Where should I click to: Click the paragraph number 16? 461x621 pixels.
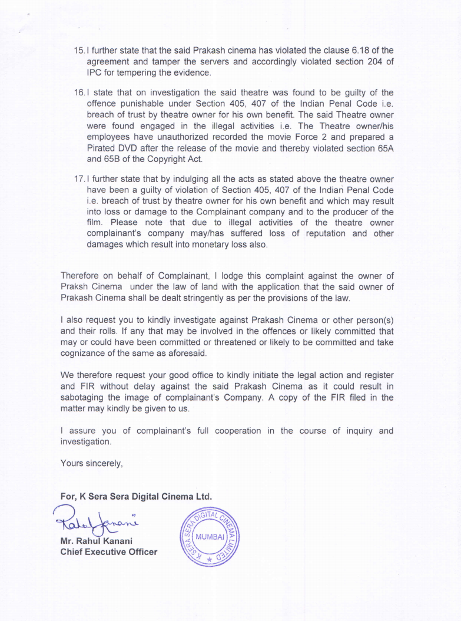[x=79, y=93]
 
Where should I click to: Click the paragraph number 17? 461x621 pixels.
[x=79, y=179]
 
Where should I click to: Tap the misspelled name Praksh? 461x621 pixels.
[x=75, y=287]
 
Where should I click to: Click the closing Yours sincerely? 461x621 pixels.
[x=91, y=463]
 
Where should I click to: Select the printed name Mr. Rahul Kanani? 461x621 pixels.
[x=97, y=541]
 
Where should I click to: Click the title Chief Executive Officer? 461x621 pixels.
[x=109, y=552]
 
